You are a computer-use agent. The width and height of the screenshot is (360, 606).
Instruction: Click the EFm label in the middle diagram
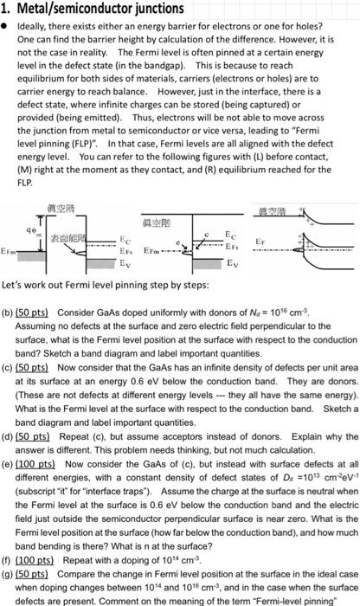click(148, 248)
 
